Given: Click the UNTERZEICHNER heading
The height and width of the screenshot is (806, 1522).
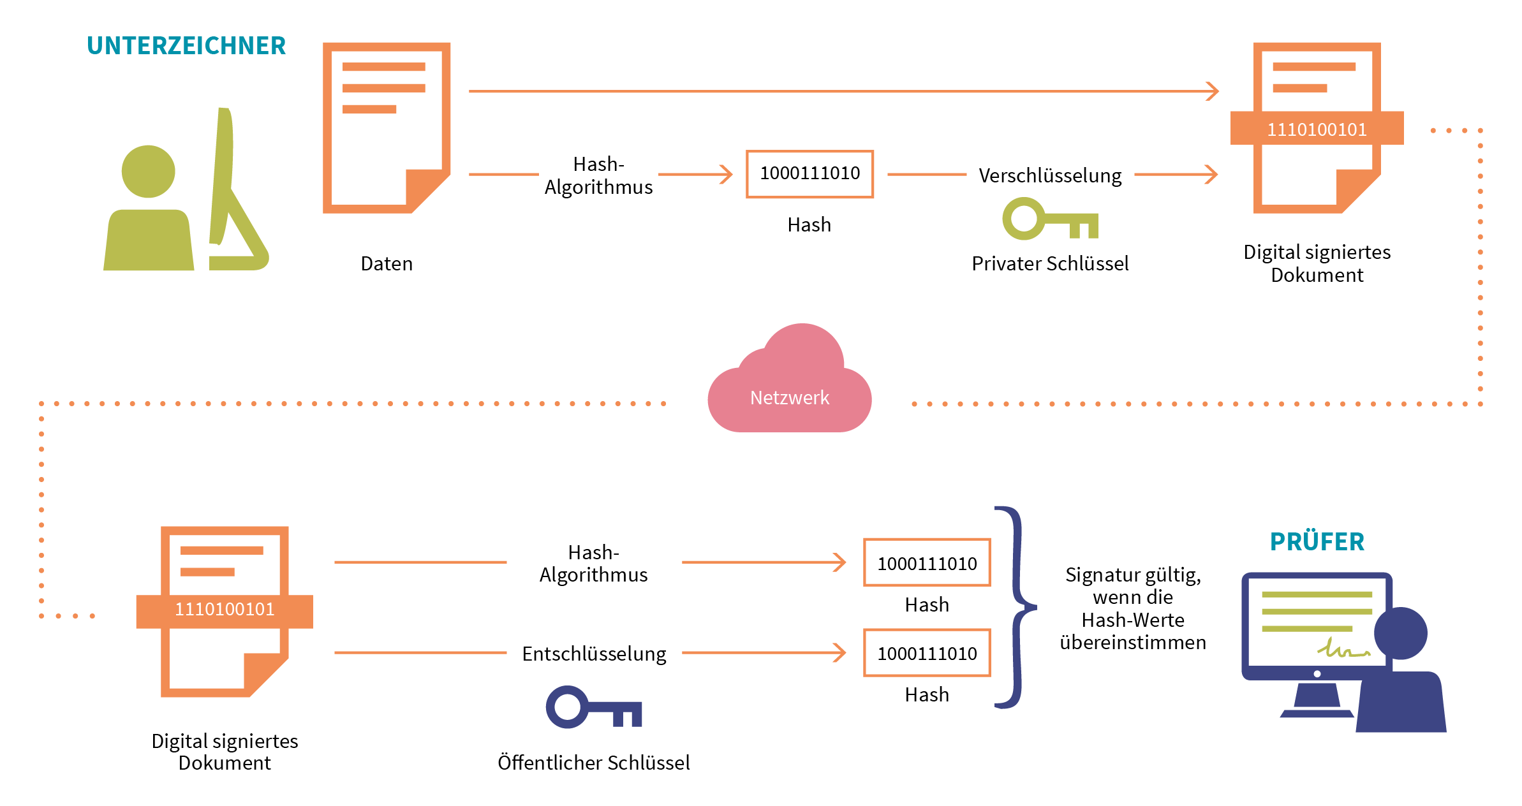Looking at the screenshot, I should [x=186, y=46].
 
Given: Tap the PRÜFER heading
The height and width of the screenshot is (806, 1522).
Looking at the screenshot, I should [x=1317, y=542].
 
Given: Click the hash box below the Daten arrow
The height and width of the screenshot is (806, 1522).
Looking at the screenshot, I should [x=809, y=174].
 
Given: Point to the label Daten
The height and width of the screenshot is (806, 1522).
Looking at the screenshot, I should [x=387, y=263].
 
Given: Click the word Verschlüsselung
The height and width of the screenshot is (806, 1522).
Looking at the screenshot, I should [x=1050, y=175].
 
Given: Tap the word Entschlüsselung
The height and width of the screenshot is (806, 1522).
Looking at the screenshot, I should [x=594, y=654].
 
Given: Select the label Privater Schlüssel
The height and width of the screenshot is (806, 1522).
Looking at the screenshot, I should [x=1050, y=263].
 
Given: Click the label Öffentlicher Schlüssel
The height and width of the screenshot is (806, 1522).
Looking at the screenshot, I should [x=593, y=763].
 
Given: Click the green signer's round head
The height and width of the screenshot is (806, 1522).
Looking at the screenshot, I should [x=148, y=172].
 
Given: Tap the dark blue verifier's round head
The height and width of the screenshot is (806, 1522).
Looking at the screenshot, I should [x=1401, y=633].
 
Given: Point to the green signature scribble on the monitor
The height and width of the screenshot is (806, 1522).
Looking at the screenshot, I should [x=1342, y=649].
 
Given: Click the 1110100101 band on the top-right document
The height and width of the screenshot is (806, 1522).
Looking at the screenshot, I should [x=1317, y=129].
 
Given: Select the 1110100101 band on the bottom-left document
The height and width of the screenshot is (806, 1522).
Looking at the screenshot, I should [x=225, y=610].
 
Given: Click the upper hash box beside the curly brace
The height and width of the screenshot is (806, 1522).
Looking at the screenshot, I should [x=927, y=563].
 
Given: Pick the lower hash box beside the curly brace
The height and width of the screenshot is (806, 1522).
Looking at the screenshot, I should [x=927, y=653].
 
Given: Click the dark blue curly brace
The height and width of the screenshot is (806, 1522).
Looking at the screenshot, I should [x=1018, y=607].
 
